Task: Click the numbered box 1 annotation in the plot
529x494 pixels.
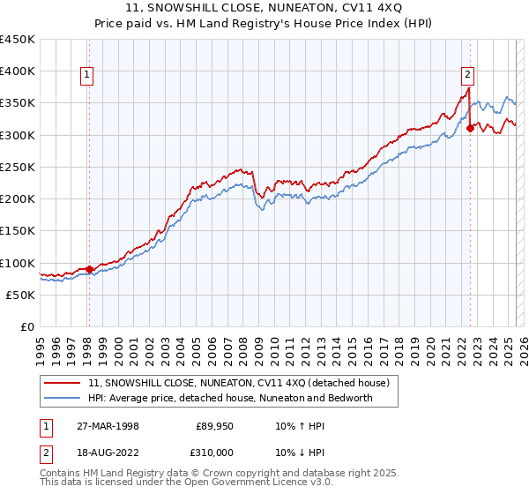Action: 88,76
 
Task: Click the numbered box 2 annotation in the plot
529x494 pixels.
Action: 467,76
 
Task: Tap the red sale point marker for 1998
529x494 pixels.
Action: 89,269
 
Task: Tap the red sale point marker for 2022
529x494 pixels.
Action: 470,128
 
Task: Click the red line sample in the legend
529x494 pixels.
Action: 63,383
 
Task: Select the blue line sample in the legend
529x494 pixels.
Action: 63,398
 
